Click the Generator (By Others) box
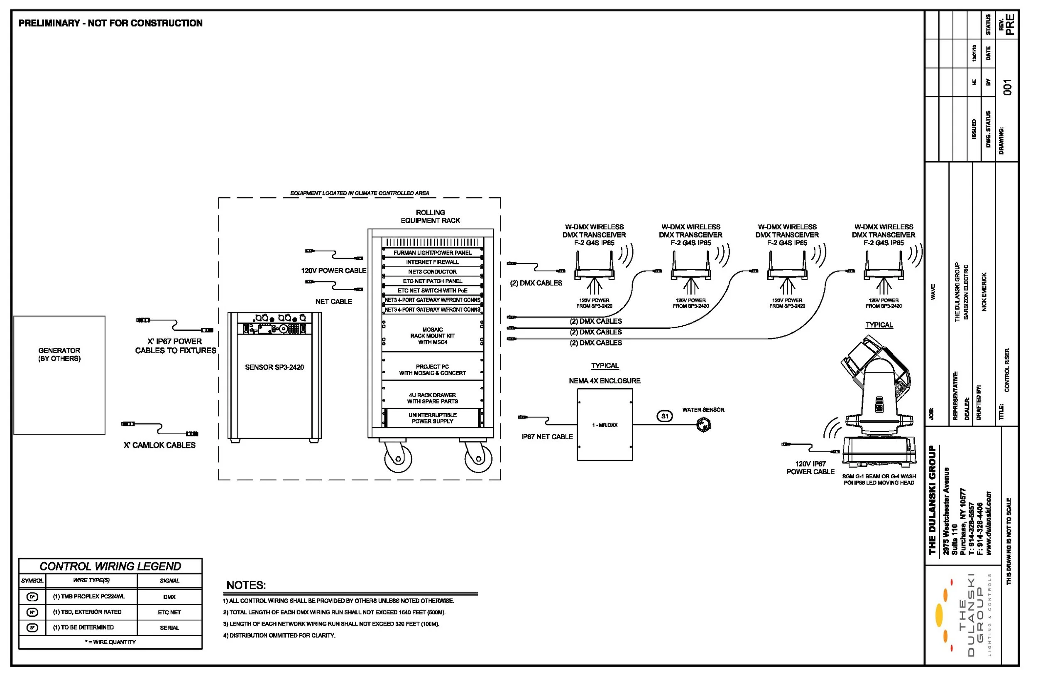(59, 375)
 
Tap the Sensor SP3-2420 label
(274, 367)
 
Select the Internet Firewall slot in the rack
(432, 262)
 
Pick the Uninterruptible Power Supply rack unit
(432, 418)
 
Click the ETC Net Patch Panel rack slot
(432, 281)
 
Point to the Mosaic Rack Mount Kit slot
(432, 336)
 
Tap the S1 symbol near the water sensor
(664, 416)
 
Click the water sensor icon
(703, 425)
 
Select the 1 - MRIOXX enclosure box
(605, 425)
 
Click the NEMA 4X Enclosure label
(605, 381)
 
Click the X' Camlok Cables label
(159, 445)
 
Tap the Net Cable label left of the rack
(334, 302)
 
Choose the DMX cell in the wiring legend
(169, 597)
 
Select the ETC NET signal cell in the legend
(169, 613)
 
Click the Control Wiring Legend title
(110, 566)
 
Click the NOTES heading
(246, 585)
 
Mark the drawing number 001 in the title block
(1007, 87)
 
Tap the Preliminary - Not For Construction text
(110, 23)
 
